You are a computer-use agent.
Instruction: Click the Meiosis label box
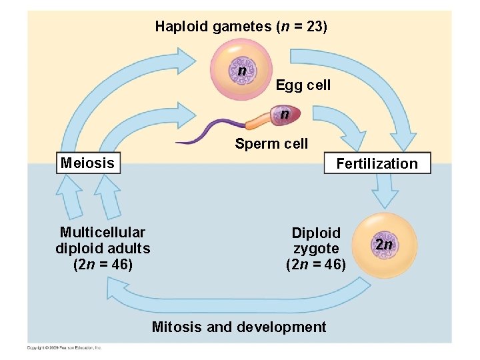pos(87,163)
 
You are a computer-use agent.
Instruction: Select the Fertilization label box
pos(377,163)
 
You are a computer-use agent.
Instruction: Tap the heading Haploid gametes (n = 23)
pos(241,27)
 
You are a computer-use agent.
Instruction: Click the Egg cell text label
pos(303,85)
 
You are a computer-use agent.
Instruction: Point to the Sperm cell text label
pos(271,143)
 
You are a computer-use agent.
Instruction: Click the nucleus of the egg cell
pos(243,71)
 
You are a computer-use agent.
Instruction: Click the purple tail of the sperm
pos(207,133)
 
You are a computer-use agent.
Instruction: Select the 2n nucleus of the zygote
pos(383,245)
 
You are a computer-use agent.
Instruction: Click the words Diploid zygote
pos(316,241)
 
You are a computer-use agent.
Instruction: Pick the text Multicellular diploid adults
pos(103,240)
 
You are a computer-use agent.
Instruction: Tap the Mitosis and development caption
pos(239,327)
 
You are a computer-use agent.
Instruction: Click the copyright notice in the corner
pos(65,347)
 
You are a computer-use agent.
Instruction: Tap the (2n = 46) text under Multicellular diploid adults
pos(103,264)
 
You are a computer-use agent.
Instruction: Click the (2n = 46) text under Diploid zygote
pos(316,264)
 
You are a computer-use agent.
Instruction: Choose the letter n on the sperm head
pos(285,114)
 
